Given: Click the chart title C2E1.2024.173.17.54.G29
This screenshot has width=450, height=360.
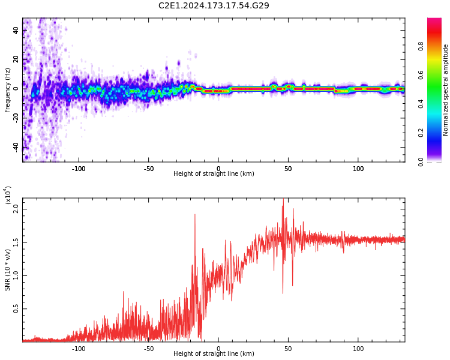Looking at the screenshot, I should click(x=214, y=5).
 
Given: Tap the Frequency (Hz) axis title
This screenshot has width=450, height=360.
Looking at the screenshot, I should click(x=8, y=90).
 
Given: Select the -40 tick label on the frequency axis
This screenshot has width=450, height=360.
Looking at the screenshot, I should click(x=16, y=146).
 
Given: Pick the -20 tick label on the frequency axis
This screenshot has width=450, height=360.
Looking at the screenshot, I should click(x=16, y=118).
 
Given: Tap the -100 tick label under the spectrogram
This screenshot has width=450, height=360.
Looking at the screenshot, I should click(x=78, y=169).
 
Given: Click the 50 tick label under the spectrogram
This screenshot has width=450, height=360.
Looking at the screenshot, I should click(x=288, y=169).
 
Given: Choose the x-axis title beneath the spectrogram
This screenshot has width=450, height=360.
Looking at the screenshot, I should click(x=214, y=174).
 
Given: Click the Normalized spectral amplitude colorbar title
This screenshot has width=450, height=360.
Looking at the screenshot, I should click(x=446, y=90).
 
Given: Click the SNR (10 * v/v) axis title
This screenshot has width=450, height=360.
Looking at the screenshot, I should click(x=8, y=270).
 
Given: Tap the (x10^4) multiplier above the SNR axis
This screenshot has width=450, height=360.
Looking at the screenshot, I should click(x=8, y=196).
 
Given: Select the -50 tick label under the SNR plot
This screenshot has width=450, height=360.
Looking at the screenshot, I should click(x=148, y=349).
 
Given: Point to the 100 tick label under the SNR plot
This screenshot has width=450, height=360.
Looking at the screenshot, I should click(x=358, y=349).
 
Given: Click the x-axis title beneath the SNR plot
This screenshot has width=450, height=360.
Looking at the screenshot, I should click(x=214, y=354).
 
